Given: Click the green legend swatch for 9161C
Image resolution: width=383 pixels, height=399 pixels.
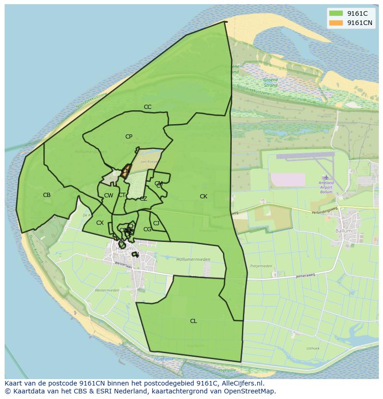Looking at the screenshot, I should pyautogui.click(x=336, y=13).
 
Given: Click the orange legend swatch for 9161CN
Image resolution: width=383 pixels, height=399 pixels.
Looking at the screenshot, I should pyautogui.click(x=336, y=23).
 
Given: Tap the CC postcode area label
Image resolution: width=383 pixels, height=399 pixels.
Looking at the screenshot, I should pyautogui.click(x=148, y=107).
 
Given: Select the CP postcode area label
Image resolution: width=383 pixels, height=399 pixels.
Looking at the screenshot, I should pyautogui.click(x=129, y=137).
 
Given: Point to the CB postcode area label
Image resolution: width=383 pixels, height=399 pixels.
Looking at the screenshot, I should pyautogui.click(x=47, y=195).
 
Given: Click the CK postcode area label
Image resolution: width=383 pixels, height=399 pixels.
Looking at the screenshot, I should pyautogui.click(x=204, y=196).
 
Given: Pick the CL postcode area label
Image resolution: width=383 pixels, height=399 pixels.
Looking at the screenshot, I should pyautogui.click(x=193, y=321).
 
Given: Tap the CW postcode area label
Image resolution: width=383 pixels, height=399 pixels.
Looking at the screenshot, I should pyautogui.click(x=109, y=196).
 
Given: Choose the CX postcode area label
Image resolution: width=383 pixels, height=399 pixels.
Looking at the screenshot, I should pyautogui.click(x=100, y=223).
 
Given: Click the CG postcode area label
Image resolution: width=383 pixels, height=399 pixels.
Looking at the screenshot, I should pyautogui.click(x=147, y=229).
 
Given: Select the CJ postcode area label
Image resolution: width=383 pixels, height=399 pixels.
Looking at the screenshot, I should pyautogui.click(x=156, y=223).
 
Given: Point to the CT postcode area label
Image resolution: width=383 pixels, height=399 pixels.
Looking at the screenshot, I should pyautogui.click(x=122, y=195).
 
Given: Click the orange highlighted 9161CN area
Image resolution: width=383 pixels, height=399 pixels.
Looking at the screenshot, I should pyautogui.click(x=126, y=171).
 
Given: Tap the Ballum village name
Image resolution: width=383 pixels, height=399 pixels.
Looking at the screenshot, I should pyautogui.click(x=344, y=231).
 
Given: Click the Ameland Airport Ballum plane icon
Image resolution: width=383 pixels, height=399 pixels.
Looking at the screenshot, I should pyautogui.click(x=327, y=177).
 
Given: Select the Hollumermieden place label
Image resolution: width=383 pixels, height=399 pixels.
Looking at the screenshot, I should pyautogui.click(x=193, y=260).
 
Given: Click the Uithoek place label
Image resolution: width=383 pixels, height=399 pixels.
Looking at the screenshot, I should pyautogui.click(x=313, y=348).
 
